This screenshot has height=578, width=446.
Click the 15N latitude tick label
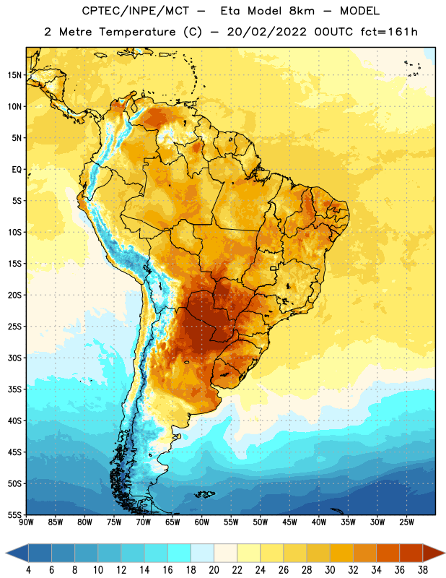(14, 75)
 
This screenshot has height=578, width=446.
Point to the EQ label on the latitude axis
(17, 170)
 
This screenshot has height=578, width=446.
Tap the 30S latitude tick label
(14, 358)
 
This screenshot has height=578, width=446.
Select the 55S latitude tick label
(14, 514)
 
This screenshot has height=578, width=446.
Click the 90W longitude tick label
(26, 522)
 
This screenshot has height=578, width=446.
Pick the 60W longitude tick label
(202, 522)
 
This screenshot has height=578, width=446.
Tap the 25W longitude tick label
(406, 522)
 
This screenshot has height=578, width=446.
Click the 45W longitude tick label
(289, 522)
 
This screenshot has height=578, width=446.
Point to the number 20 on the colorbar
(214, 570)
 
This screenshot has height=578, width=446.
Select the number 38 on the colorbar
(423, 570)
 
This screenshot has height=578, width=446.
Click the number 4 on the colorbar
(28, 570)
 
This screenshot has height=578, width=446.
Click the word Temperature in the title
(137, 33)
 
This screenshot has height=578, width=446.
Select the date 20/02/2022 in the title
(266, 33)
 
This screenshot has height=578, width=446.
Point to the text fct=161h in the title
(389, 32)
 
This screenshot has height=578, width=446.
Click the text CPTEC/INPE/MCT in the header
(136, 11)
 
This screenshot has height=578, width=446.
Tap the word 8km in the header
(302, 11)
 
